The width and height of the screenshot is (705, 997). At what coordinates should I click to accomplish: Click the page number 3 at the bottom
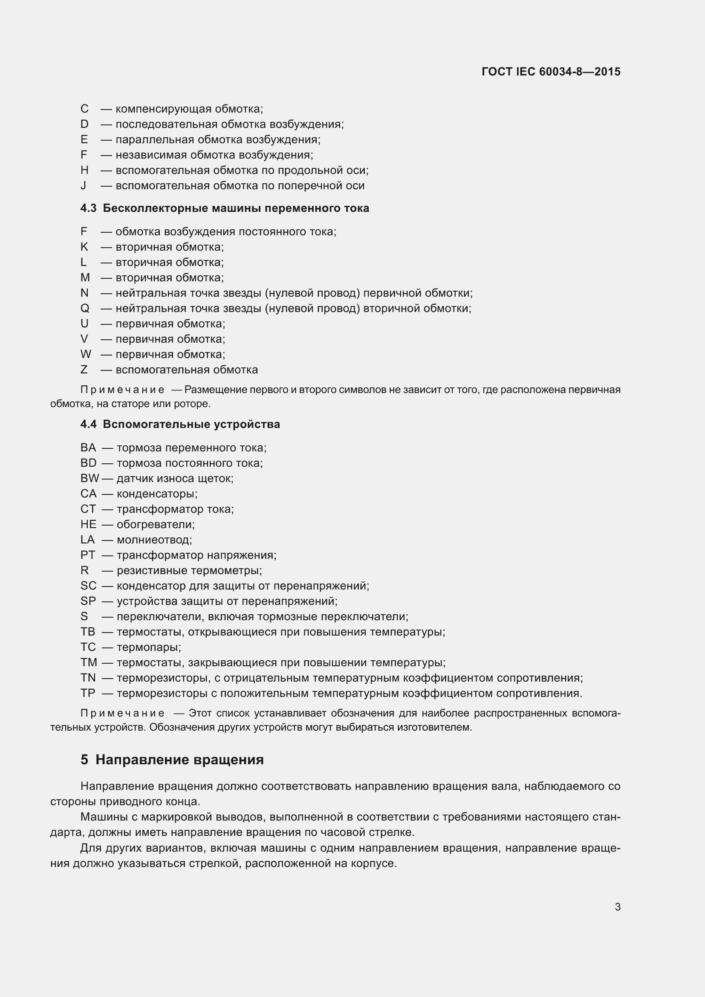617,907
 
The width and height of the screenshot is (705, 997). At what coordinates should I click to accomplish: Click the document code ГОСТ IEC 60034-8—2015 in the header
551,72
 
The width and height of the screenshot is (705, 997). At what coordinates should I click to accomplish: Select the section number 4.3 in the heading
88,208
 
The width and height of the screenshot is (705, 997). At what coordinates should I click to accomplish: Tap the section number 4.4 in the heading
88,424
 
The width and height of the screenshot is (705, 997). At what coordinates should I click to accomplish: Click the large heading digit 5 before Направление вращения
84,760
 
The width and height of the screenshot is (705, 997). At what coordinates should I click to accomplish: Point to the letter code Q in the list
85,308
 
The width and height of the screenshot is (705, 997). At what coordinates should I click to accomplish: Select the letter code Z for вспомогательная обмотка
84,370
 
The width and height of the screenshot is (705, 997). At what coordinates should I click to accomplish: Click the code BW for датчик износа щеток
90,478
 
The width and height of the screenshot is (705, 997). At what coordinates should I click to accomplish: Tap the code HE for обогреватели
88,524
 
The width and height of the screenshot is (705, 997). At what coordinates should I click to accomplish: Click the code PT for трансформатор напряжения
88,555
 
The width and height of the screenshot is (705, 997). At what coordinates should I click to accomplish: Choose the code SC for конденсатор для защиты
88,586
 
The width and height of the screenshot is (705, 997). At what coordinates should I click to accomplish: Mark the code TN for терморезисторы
88,678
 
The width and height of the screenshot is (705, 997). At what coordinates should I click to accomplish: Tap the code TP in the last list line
88,693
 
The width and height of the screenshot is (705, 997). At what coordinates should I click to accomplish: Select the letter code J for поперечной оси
84,185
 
